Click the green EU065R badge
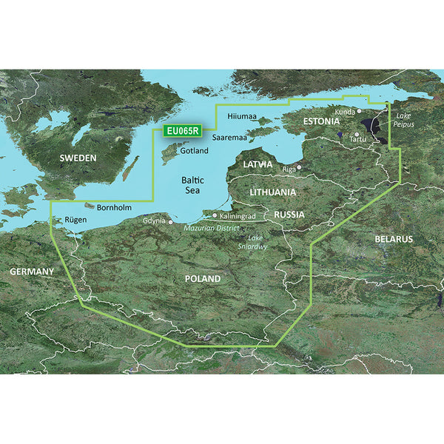click(x=181, y=131)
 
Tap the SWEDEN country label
click(x=78, y=158)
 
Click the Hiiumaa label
click(x=241, y=116)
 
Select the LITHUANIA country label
click(x=273, y=192)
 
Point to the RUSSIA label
click(x=289, y=214)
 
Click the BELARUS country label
click(x=393, y=239)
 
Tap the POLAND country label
click(x=201, y=278)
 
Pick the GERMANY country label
click(x=32, y=272)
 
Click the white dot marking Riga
click(x=299, y=168)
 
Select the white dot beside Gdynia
click(x=171, y=221)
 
